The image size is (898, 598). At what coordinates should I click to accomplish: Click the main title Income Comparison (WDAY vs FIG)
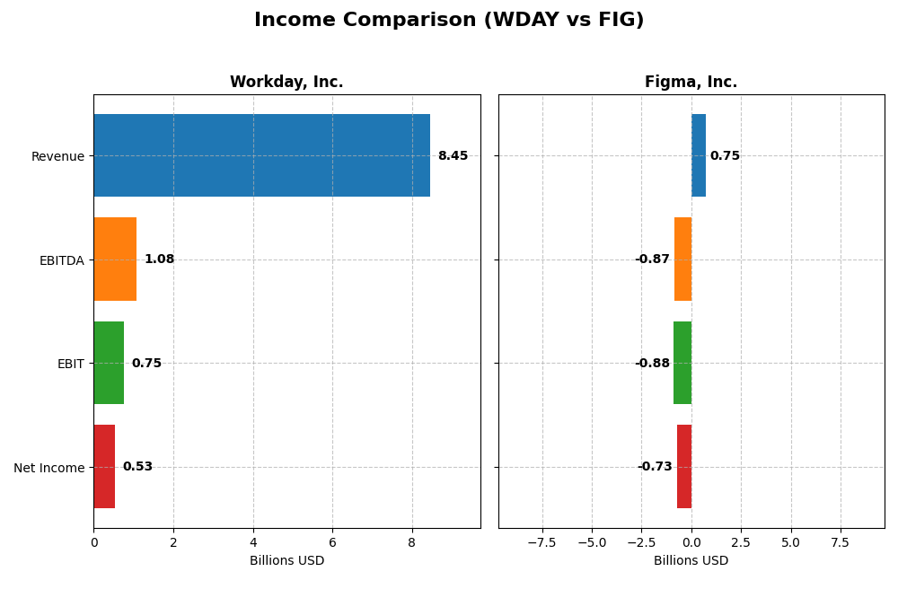tap(448, 21)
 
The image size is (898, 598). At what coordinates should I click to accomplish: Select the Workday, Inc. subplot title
tap(286, 83)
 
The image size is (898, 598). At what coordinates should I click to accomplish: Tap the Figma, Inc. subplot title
tap(691, 83)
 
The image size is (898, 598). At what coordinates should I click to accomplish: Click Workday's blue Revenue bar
tap(261, 155)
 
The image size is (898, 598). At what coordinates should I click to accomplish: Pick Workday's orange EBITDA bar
tap(115, 259)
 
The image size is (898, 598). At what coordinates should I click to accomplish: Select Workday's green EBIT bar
tap(109, 363)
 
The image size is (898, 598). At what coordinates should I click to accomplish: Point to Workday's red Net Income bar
tap(104, 467)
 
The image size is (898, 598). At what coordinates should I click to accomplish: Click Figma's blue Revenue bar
tap(699, 155)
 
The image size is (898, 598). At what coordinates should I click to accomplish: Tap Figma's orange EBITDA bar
tap(682, 259)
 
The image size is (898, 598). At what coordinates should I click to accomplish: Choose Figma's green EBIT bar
tap(682, 363)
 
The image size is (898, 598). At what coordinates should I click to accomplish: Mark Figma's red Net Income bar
tap(684, 467)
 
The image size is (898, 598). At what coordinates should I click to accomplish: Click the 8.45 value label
tap(453, 156)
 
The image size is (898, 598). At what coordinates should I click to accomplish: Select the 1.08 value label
tap(159, 259)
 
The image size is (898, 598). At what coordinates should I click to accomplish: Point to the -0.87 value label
tap(652, 259)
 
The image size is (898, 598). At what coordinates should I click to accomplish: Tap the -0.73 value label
tap(655, 467)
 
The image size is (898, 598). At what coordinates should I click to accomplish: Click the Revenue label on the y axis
tap(57, 156)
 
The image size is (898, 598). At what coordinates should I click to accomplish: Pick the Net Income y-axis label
tap(49, 468)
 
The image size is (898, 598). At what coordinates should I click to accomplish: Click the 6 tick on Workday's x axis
tap(332, 543)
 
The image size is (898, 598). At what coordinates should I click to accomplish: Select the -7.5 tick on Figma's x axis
tap(541, 543)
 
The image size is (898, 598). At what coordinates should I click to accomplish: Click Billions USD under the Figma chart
tap(691, 561)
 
